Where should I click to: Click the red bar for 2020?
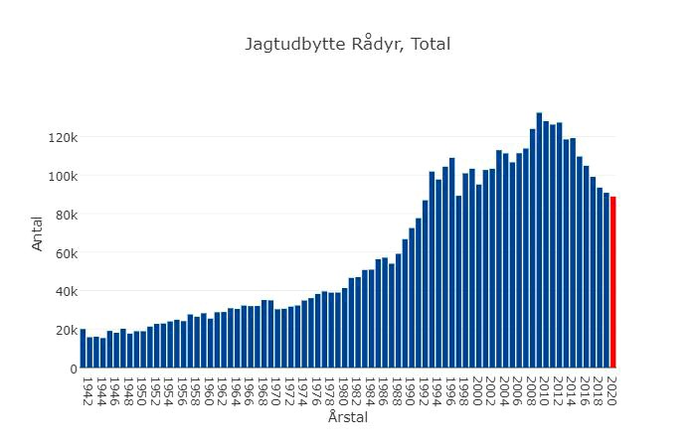tap(612, 283)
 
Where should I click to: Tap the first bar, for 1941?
tap(83, 349)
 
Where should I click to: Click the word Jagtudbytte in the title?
tap(295, 45)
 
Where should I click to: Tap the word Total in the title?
tap(430, 45)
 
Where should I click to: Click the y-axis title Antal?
tap(39, 234)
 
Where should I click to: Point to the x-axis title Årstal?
tap(347, 418)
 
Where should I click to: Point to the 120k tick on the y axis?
tap(62, 137)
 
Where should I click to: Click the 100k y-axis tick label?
tap(62, 176)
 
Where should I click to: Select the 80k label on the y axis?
tap(64, 215)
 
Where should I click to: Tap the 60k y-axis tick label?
tap(64, 253)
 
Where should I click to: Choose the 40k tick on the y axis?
tap(64, 291)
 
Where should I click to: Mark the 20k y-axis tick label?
tap(64, 330)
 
